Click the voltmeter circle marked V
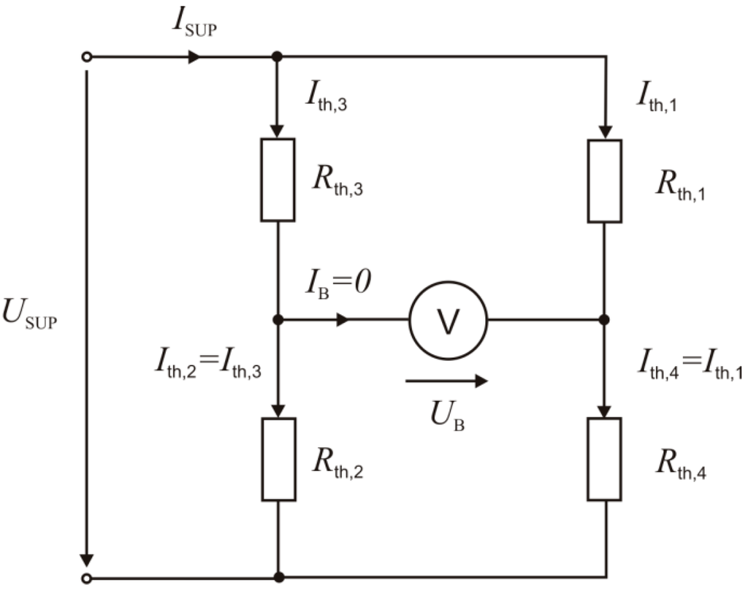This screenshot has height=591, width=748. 448,319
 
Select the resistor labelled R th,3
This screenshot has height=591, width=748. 278,179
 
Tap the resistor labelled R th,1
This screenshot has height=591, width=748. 605,180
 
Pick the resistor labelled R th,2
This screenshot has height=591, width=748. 278,459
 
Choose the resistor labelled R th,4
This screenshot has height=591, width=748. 605,459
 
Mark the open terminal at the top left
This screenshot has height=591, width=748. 87,57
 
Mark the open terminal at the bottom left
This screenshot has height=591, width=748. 87,578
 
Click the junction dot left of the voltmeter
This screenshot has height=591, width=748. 278,319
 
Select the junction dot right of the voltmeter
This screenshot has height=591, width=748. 605,319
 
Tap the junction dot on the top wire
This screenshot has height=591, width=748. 278,57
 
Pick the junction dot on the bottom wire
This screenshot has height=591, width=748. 278,577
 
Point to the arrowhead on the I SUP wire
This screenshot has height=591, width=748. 194,57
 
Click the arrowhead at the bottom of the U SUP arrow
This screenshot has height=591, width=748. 87,559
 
